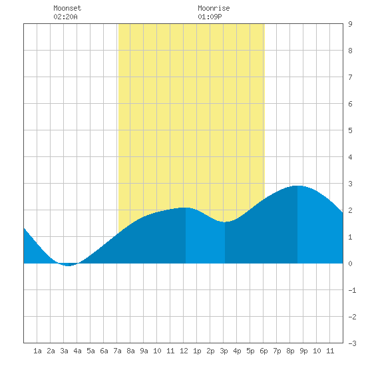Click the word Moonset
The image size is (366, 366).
(67, 8)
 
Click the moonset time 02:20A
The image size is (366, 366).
(65, 17)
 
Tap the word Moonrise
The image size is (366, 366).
(214, 8)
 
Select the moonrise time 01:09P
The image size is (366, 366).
(210, 17)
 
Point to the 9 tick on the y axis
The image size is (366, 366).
(350, 24)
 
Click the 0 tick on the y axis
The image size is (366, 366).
(350, 264)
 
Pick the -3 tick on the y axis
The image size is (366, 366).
(352, 343)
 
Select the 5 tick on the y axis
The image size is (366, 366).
(350, 130)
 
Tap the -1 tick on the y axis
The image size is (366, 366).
(352, 290)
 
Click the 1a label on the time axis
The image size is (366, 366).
(37, 351)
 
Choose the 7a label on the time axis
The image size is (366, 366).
(117, 351)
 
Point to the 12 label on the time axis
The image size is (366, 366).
(184, 351)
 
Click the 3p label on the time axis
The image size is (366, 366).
(224, 351)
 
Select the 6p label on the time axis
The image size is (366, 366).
(264, 351)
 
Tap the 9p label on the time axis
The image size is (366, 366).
(303, 351)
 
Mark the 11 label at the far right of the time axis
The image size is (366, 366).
(330, 351)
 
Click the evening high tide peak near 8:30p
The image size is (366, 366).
(297, 186)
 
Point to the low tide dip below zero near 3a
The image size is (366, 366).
(68, 265)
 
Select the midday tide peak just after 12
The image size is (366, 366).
(186, 208)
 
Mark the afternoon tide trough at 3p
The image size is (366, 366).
(224, 222)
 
